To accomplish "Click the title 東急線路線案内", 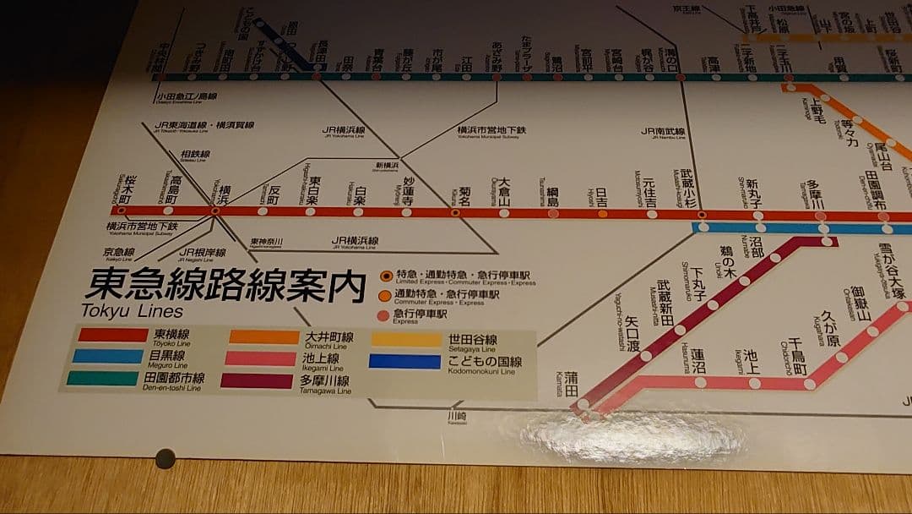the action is point(225,286).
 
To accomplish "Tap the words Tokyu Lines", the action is point(120,311).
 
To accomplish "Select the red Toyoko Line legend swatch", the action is point(112,335).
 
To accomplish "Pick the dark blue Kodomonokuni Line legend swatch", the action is point(405,362).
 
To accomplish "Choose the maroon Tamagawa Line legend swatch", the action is point(257,381).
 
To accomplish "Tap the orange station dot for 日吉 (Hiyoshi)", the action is point(602,214).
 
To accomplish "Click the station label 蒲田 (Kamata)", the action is point(572,380).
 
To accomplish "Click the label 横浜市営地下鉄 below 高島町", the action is point(142,227).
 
